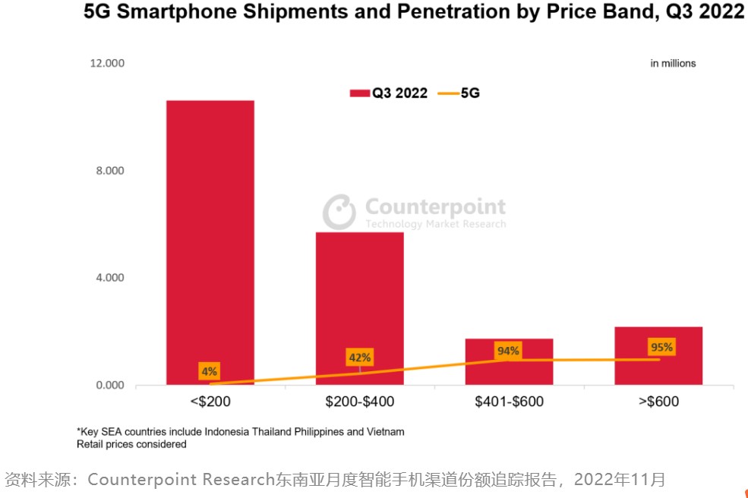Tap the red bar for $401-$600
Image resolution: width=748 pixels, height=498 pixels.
tap(509, 361)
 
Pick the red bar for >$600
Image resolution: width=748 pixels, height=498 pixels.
tap(658, 355)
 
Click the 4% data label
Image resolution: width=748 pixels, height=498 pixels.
tap(209, 371)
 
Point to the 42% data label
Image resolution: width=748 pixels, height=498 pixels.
tap(359, 358)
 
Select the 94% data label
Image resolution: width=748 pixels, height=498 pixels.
tap(508, 351)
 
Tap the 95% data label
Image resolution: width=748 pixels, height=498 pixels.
tap(661, 348)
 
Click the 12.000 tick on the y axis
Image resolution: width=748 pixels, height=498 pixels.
tap(107, 63)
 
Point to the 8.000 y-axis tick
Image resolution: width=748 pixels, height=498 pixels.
tap(110, 171)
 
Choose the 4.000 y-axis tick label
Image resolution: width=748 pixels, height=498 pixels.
tap(110, 278)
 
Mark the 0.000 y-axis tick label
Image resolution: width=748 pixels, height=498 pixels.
tap(110, 385)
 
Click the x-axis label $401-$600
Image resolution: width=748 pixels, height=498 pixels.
tap(509, 402)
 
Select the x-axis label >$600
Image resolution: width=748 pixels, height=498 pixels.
tap(658, 402)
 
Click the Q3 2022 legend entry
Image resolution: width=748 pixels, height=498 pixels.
tap(389, 93)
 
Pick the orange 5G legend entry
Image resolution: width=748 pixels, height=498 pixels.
tap(459, 93)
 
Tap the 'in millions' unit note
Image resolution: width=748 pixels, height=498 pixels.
tap(673, 64)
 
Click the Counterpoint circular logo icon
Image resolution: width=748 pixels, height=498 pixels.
tap(339, 212)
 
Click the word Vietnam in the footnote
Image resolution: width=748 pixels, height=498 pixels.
tap(385, 431)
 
